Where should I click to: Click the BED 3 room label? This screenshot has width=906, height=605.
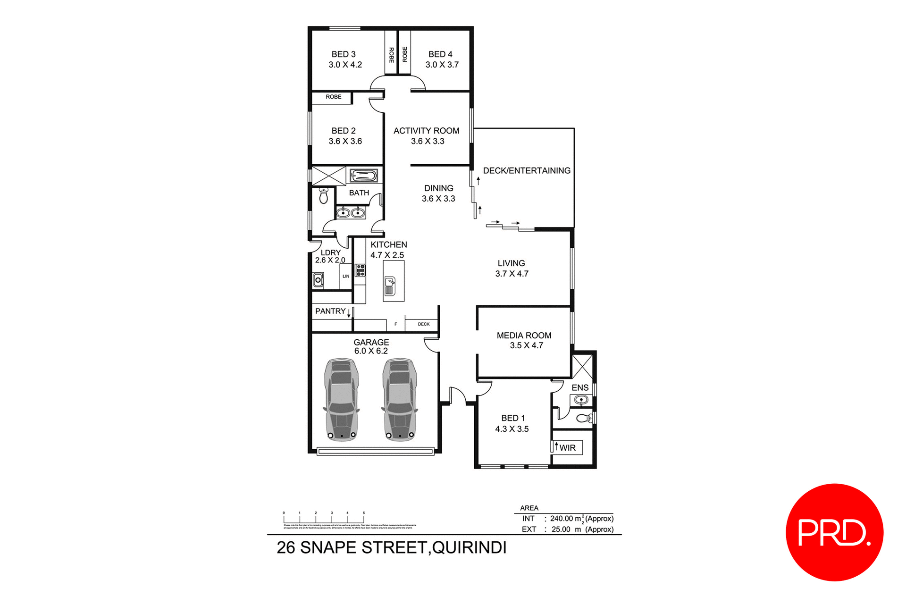coord(344,54)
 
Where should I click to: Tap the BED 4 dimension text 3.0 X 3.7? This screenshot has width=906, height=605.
coord(442,65)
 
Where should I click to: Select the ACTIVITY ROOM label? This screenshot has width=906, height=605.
coord(426,131)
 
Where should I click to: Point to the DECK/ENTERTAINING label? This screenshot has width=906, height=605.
coord(527,170)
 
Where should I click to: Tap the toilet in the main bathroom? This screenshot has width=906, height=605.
coord(324,195)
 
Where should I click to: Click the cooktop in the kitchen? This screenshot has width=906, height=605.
coord(361,270)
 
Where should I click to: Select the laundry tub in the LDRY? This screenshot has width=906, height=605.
coord(319,280)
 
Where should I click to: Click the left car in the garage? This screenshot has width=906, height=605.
coord(341,399)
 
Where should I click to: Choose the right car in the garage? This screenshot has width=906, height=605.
coord(400,399)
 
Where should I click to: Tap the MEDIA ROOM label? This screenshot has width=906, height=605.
coord(524,336)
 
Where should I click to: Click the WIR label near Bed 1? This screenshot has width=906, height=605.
coord(568,448)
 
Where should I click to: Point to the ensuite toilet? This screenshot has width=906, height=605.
coord(585,418)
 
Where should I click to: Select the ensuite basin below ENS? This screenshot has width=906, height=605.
coord(581,400)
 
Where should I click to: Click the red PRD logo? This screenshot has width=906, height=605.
coord(834,532)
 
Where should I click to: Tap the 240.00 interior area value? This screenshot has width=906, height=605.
coord(561,519)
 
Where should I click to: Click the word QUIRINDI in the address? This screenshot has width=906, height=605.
coord(469,548)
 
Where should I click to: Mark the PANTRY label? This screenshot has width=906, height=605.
coord(330,311)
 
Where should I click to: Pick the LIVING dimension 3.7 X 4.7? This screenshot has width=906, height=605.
coord(512,274)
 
